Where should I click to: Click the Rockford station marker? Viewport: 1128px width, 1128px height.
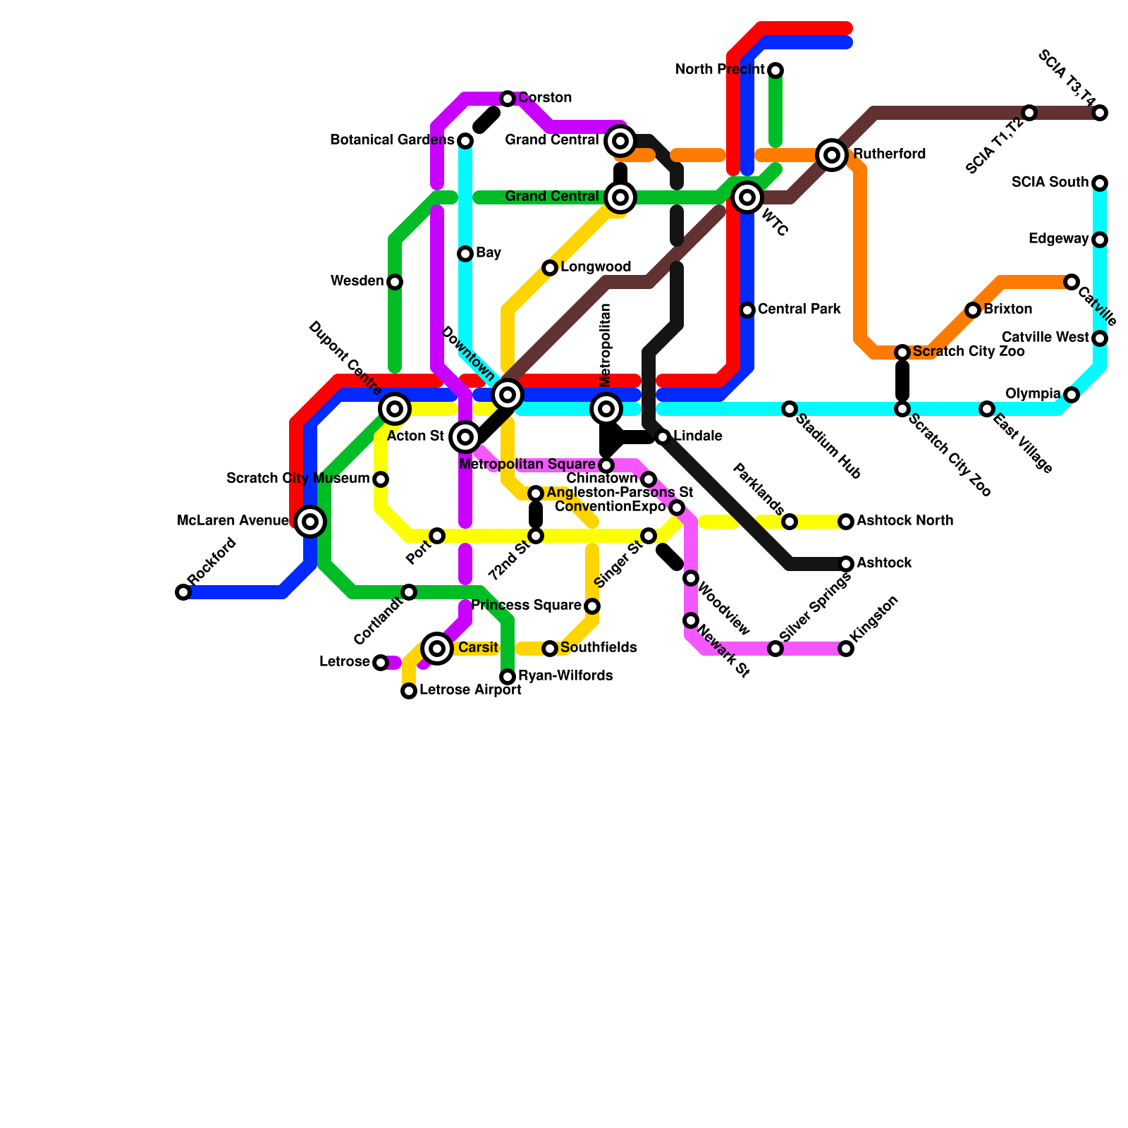[x=183, y=592]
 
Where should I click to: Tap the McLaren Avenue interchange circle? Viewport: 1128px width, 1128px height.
[x=310, y=522]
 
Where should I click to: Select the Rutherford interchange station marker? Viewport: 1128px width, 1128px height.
[x=832, y=155]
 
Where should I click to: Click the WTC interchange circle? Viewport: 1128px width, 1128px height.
[x=747, y=197]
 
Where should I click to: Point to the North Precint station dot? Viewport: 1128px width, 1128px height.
[x=775, y=70]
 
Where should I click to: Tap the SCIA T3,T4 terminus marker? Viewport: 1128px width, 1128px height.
[x=1100, y=113]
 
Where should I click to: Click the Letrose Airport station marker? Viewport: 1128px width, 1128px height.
[x=409, y=691]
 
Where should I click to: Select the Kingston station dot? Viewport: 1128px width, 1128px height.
[x=846, y=649]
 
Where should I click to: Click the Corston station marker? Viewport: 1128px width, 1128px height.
[x=508, y=99]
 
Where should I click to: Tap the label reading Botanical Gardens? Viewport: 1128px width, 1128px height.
[x=392, y=140]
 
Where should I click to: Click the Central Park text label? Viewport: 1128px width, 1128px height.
[x=799, y=309]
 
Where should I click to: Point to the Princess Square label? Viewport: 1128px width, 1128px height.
[x=526, y=606]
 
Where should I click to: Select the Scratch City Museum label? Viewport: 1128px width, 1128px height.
[x=298, y=479]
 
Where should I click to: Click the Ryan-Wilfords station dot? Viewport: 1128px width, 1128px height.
[x=508, y=677]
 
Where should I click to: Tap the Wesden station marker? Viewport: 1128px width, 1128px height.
[x=395, y=282]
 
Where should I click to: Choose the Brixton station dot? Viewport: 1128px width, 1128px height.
[x=973, y=310]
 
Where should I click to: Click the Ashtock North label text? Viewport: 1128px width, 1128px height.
[x=905, y=521]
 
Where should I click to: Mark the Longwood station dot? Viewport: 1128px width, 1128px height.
[x=550, y=268]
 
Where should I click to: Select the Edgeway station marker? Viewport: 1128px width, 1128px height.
[x=1100, y=240]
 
